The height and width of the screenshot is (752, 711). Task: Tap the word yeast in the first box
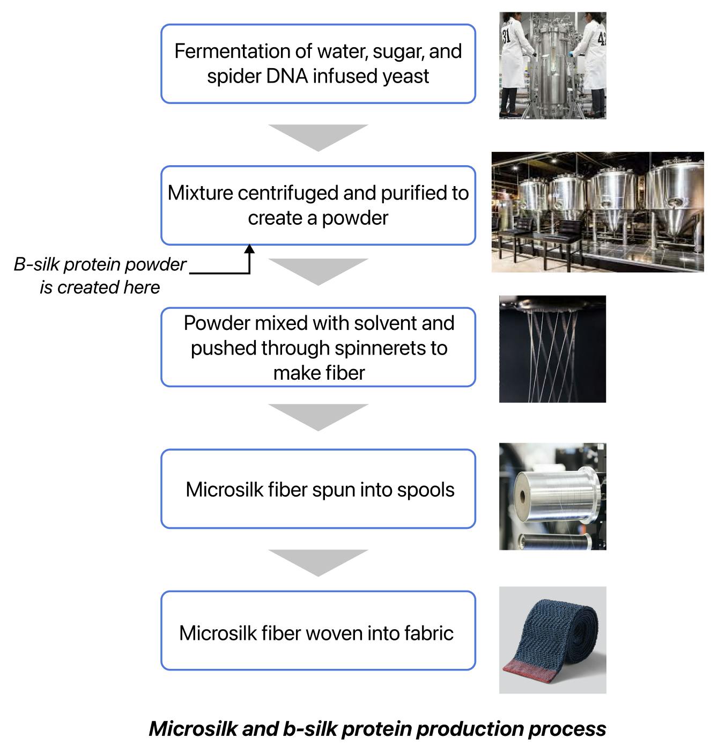tap(406, 76)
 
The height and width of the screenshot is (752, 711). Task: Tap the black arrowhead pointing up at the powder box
tap(249, 249)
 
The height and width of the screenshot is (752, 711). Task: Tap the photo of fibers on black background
tap(552, 349)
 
